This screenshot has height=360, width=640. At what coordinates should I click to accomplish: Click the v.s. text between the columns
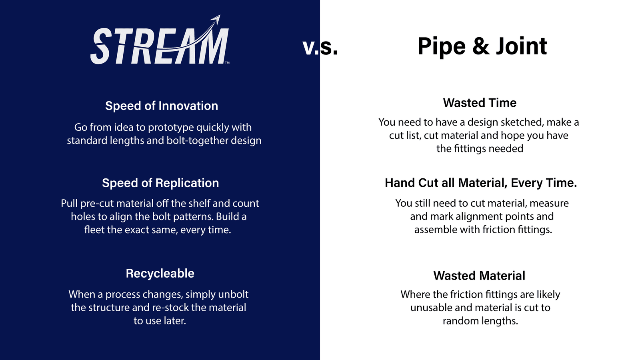click(320, 47)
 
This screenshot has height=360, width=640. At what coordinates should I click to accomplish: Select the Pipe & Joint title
click(482, 46)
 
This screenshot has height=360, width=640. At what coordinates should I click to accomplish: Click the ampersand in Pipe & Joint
click(481, 46)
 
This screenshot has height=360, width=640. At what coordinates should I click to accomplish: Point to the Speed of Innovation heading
click(162, 106)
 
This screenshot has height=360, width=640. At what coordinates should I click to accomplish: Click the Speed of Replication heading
click(160, 183)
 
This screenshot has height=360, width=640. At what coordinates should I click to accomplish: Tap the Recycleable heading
click(160, 273)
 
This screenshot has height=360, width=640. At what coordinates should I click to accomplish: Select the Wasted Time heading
click(480, 103)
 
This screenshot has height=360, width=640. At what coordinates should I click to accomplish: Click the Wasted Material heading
click(479, 276)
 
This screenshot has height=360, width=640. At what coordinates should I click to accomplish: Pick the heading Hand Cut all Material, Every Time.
click(481, 183)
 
